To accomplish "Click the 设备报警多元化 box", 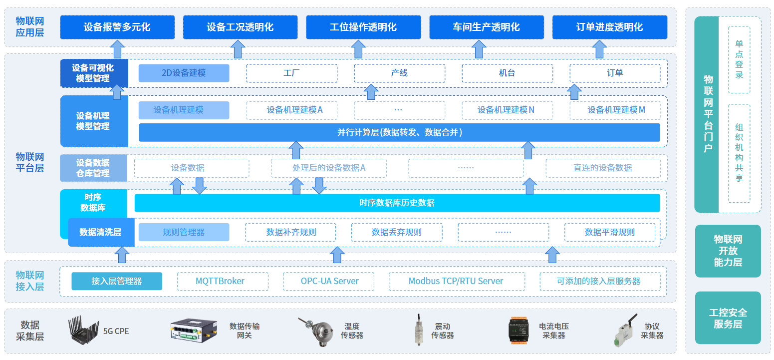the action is [x=117, y=27].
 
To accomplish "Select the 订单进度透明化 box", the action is [x=609, y=27].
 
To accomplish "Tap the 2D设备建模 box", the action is [x=184, y=73].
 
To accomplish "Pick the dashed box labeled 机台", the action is [x=507, y=73].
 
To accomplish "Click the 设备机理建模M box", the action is [x=615, y=110].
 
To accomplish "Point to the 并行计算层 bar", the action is [x=399, y=132].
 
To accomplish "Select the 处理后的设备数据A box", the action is [x=328, y=168].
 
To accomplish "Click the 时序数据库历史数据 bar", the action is [x=397, y=203].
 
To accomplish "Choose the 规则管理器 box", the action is [x=184, y=232].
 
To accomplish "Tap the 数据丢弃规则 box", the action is [x=397, y=232].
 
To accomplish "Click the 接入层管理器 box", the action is [x=117, y=281].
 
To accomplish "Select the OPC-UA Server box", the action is [x=328, y=281].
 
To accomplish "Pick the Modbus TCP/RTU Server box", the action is [x=457, y=281].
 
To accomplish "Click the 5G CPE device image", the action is [x=83, y=330].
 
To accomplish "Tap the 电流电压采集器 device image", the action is [x=518, y=330].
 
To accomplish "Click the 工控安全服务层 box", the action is [x=728, y=318].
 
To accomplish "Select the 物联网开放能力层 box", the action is [x=728, y=251].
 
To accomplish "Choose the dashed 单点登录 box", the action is [x=739, y=59].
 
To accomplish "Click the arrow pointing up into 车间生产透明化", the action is [x=479, y=49].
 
